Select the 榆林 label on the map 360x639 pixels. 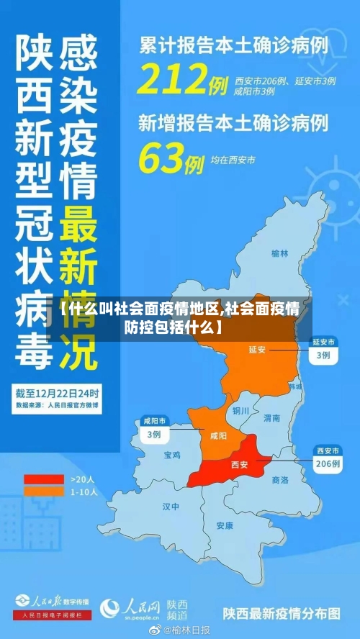coord(280,253)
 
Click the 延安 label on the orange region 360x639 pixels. coord(257,350)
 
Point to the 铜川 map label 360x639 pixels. coord(240,411)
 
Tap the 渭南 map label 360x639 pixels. coord(271,417)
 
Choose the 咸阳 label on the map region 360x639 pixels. coord(218,435)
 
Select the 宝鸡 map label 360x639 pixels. coord(172,456)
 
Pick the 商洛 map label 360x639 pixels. coord(280,479)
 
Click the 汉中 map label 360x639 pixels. coord(171,507)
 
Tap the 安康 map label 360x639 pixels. coord(225,525)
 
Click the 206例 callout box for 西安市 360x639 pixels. coord(328,464)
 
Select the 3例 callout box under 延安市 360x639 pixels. coord(323,355)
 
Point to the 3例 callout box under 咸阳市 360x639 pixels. coord(154,434)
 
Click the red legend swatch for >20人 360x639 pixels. coord(44,479)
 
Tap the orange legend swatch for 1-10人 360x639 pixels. coord(44,491)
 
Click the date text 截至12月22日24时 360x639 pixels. coord(59,394)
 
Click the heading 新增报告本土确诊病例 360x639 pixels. coord(233,122)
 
